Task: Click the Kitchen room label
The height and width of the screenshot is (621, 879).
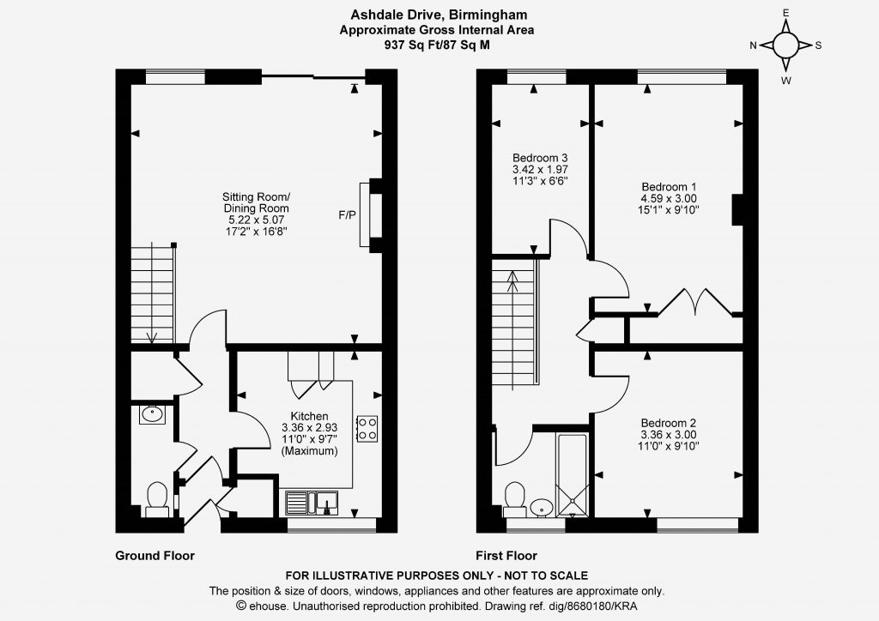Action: point(309,416)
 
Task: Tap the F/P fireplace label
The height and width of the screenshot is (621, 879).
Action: point(347,215)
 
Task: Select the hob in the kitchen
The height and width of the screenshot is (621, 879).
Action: point(367,429)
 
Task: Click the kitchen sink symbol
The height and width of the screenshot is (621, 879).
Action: point(312,503)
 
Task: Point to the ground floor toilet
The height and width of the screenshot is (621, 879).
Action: point(157,500)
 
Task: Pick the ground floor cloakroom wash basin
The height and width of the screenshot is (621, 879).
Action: point(152,415)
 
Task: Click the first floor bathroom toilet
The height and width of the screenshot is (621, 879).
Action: point(515,500)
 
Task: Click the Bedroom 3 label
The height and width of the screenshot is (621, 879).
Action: point(536,157)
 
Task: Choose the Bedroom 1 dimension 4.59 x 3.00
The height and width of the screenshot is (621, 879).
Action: point(669,198)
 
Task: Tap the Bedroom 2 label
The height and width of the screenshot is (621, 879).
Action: point(669,423)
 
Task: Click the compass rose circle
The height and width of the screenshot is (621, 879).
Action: point(786,45)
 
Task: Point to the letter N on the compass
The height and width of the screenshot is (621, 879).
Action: point(754,46)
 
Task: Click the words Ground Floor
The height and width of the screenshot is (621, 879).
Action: point(155,556)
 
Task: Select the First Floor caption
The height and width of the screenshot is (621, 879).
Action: point(506,556)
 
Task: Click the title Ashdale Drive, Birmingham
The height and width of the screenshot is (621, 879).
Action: point(439,15)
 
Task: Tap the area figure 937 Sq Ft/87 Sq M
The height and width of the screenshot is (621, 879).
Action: point(437,45)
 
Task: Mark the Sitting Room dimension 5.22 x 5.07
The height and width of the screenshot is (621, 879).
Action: point(256,220)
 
